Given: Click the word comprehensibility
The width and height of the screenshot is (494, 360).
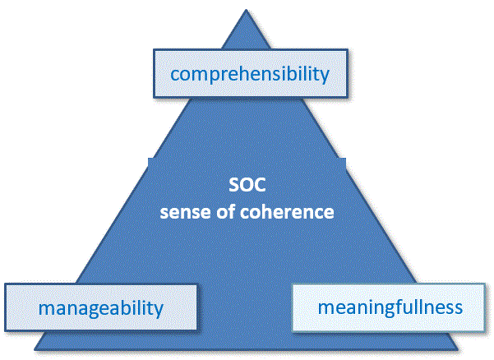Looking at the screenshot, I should tap(249, 74).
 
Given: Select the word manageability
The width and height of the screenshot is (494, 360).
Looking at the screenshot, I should tap(100, 309).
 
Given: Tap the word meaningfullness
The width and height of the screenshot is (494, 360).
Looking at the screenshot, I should tap(390, 307).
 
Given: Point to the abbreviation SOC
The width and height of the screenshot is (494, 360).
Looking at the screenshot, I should tap(247, 189).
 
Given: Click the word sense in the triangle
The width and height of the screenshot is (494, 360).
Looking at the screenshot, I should tap(182, 211).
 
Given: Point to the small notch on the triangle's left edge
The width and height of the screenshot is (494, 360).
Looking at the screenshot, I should tap(149, 160).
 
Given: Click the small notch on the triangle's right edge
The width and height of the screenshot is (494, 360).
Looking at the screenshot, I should tap(344, 161).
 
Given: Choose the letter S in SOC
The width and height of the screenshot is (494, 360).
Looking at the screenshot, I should tap(233, 189).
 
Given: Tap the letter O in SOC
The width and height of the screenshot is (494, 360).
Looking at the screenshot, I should tap(246, 189).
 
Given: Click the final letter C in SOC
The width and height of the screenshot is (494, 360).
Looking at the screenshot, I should tap(259, 189).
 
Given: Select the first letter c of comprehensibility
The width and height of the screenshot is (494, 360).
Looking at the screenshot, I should tap(175, 75).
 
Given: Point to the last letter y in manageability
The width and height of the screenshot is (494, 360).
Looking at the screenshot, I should tap(159, 312).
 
